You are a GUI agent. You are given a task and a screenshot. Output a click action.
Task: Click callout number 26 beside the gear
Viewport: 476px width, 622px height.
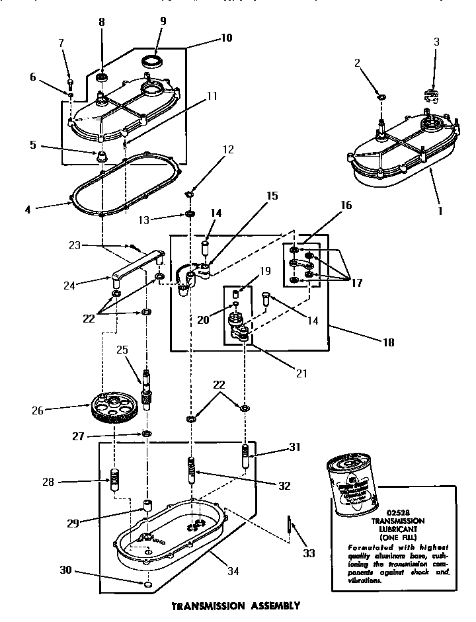tap(37, 410)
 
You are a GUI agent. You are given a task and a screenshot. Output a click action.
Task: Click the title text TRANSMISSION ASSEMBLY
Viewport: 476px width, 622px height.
tap(237, 605)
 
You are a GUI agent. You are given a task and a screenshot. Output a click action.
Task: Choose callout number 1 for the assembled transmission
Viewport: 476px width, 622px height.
tap(440, 213)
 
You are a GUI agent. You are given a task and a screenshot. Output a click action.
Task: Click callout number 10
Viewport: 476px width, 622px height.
tap(225, 38)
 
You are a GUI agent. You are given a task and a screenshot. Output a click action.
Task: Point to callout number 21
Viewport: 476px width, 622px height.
tap(302, 373)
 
